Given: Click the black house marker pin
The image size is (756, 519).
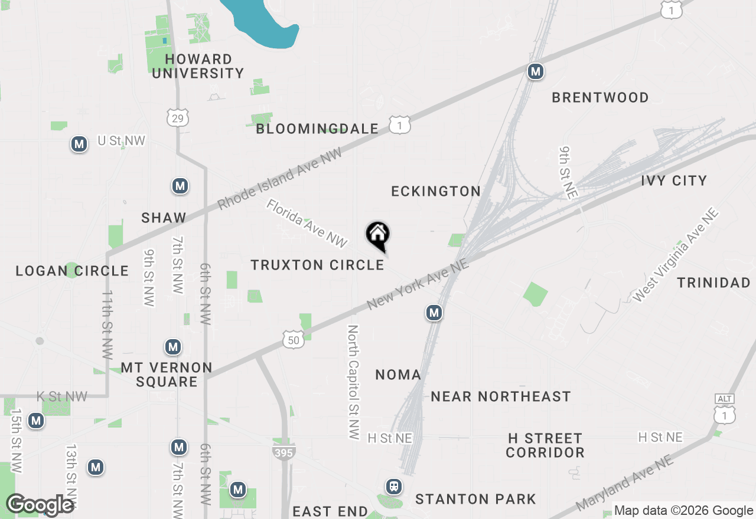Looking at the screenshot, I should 378,235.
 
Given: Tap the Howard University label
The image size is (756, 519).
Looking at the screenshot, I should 198,66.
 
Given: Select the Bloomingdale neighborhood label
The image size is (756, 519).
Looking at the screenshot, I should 317,129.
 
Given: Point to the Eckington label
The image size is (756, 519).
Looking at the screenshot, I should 436,191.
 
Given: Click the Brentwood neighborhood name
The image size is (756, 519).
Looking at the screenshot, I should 600,97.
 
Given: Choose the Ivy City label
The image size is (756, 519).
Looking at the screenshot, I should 674,180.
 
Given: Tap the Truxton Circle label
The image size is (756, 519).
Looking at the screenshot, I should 317,265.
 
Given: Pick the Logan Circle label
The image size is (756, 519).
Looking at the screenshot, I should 72,271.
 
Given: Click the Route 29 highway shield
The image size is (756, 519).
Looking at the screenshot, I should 177,117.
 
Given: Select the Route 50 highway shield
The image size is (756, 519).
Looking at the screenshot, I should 294,339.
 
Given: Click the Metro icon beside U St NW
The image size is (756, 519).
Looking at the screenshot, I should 79,144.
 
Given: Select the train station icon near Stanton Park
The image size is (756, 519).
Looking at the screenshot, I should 393,487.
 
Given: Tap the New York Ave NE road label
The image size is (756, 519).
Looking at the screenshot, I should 418,285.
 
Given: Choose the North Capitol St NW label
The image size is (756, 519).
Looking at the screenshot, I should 353,382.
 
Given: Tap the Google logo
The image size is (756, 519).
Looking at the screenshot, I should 40,505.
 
